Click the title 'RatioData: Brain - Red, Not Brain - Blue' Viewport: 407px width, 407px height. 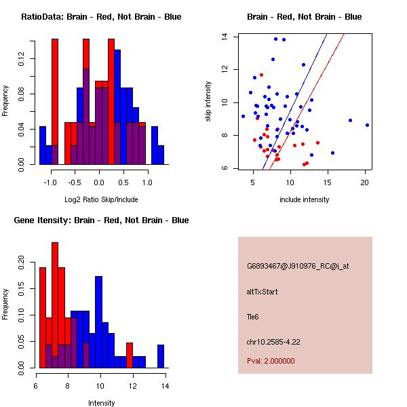click(x=101, y=16)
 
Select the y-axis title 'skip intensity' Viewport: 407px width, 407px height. click(x=209, y=102)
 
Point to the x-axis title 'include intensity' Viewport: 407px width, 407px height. click(x=304, y=199)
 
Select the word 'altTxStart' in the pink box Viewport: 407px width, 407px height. click(x=263, y=292)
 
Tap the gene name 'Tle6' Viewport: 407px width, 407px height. click(x=253, y=316)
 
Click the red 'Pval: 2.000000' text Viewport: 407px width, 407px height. click(x=271, y=362)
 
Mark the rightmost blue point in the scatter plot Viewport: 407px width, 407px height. click(x=367, y=125)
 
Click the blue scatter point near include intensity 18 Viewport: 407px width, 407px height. click(x=350, y=120)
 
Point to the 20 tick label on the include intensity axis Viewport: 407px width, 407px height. click(x=365, y=182)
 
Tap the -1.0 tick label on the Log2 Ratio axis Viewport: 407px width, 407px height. click(x=50, y=182)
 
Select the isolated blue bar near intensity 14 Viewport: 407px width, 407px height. click(x=161, y=356)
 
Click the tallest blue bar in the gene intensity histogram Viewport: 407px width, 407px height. click(x=99, y=322)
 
